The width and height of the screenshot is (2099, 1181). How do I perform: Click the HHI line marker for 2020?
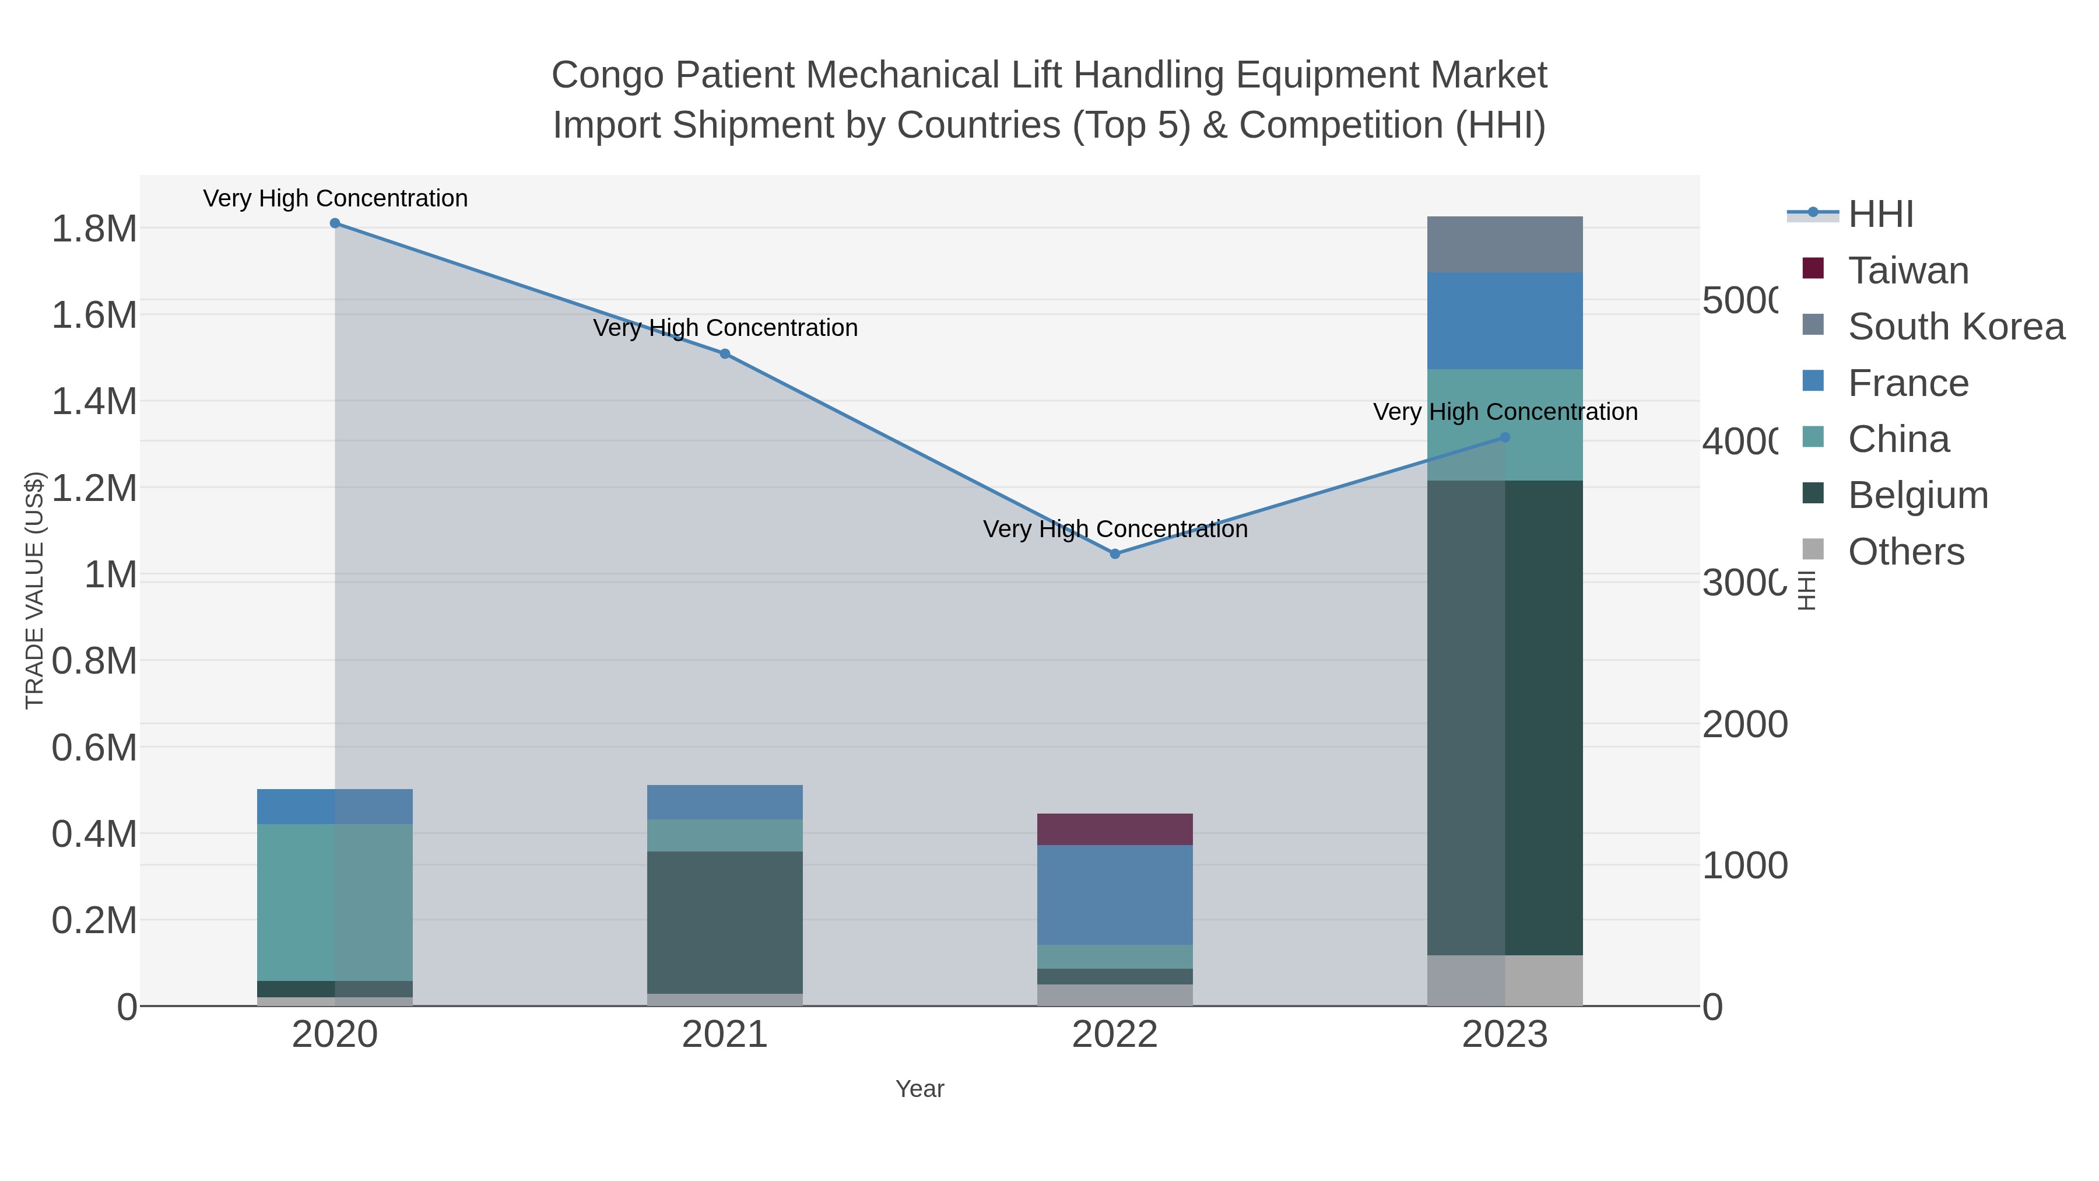click(335, 223)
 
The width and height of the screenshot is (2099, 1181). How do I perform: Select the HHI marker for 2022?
click(1115, 554)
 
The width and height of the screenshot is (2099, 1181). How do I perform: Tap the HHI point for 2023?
click(1505, 437)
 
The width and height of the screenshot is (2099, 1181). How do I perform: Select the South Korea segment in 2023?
click(1505, 244)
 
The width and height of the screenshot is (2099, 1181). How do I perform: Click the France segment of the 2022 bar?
click(1115, 895)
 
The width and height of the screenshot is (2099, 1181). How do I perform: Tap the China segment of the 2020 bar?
click(335, 902)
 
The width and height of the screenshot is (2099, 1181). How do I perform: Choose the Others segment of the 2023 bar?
click(1505, 980)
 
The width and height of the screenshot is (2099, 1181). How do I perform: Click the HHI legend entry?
click(1879, 215)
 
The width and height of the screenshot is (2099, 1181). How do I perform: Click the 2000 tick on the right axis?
click(1745, 724)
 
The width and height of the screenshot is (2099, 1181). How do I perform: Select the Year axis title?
click(919, 1089)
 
